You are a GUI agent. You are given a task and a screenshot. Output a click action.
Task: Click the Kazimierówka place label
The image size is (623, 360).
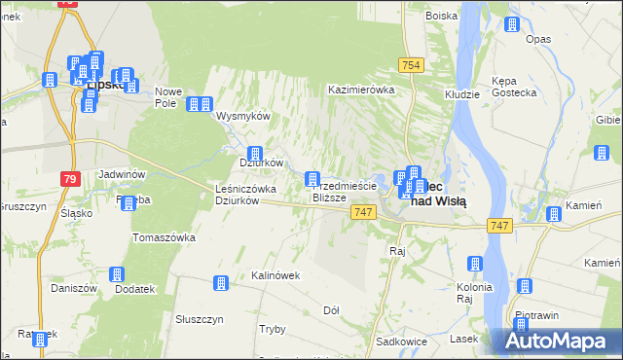point(361,89)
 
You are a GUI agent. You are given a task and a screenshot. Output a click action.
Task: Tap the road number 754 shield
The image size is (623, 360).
point(411,64)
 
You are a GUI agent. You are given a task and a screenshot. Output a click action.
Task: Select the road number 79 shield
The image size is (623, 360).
point(69,179)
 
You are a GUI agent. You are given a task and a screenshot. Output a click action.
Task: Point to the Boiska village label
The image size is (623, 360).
point(442,15)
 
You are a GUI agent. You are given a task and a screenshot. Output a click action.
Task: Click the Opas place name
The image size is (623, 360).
point(538,39)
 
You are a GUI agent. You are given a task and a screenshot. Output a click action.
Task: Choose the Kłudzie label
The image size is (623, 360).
point(461,94)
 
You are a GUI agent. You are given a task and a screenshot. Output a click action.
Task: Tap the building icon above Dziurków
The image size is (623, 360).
point(255,153)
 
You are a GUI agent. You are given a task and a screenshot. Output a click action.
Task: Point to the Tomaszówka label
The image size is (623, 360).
point(164,237)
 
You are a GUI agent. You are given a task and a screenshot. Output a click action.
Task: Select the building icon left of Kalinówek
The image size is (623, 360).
point(220,282)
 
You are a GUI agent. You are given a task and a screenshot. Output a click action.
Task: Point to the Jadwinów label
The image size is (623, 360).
point(122,174)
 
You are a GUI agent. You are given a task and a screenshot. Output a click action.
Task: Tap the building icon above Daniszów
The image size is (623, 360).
point(117,275)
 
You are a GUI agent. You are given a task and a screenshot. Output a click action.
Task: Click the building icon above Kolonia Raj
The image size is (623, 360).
point(474,263)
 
